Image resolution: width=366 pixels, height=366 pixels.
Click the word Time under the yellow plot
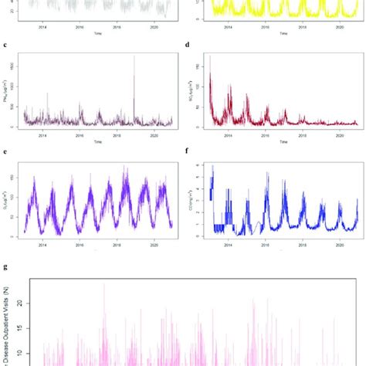(282, 34)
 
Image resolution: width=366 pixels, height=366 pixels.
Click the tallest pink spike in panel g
(104, 284)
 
